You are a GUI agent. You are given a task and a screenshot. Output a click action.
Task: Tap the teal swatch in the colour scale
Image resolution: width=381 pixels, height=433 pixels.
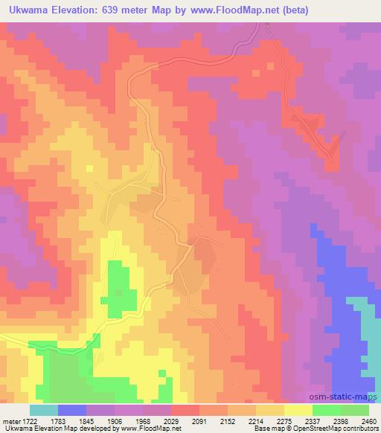click(43, 410)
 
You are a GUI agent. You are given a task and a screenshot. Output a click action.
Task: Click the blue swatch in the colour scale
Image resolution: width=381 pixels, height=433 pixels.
click(71, 410)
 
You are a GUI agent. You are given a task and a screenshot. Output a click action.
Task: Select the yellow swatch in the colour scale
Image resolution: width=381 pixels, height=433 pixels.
click(298, 410)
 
